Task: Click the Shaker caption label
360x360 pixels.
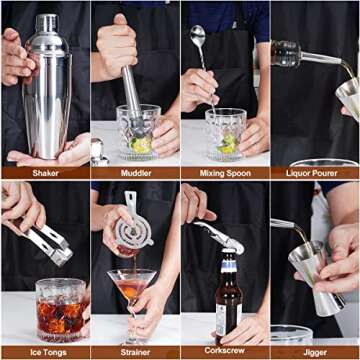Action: coord(45,172)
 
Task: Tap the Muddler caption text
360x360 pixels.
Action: coord(135,172)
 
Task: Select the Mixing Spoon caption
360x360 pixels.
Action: coord(225,172)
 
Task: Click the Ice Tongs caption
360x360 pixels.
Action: coord(45,352)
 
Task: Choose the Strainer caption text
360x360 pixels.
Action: coord(135,352)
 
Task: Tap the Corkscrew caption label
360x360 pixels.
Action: coord(225,352)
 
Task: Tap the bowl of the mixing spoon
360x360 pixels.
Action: coord(199,37)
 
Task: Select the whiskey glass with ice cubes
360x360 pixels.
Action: coord(60,310)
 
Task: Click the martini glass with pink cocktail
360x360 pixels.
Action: coord(133,290)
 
